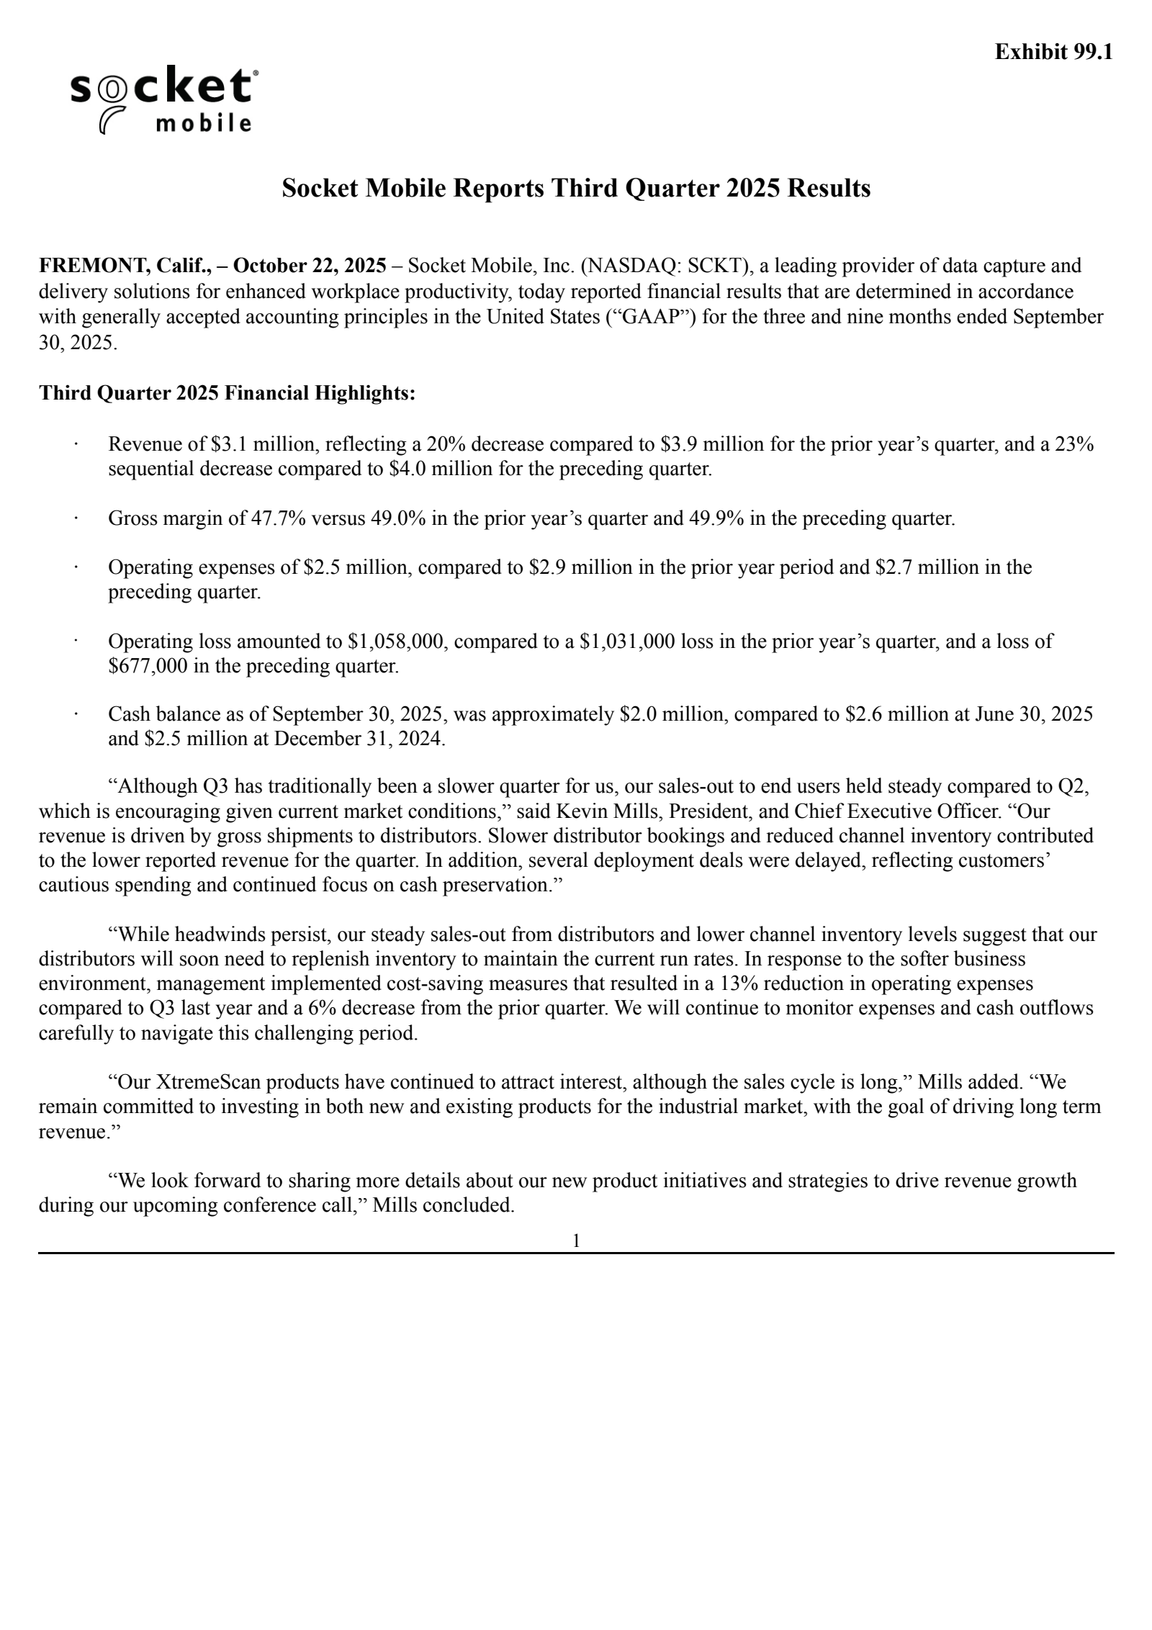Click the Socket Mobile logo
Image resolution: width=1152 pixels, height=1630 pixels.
coord(163,100)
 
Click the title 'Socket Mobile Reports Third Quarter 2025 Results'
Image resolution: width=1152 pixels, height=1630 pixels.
coord(576,189)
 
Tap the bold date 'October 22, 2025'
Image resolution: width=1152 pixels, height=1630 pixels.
coord(310,266)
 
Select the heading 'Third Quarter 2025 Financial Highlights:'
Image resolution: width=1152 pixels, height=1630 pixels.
coord(227,393)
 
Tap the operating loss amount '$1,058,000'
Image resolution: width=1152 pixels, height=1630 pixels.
coord(395,641)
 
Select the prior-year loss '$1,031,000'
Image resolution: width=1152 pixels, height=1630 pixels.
coord(627,641)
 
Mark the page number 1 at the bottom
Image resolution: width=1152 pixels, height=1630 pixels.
coord(576,1240)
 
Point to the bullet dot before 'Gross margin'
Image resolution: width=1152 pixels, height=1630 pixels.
coord(76,518)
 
